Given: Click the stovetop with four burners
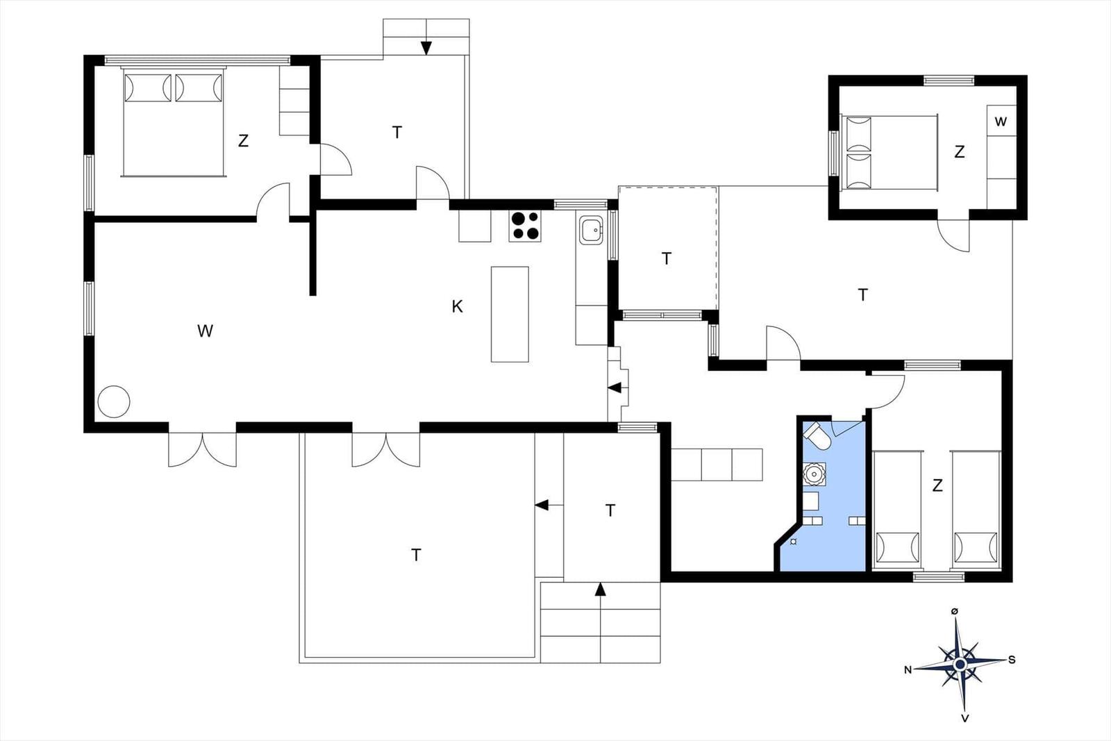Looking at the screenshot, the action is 525,226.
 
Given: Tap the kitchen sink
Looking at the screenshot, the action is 591,230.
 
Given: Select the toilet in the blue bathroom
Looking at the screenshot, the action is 817,436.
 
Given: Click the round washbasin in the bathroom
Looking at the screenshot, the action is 814,474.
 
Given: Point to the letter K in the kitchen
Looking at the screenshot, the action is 458,307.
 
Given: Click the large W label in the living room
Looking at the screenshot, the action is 206,331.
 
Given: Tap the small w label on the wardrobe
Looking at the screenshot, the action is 1001,122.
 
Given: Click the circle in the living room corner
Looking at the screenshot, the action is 114,401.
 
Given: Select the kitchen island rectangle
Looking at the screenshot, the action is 510,315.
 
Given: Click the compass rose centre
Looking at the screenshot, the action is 960,664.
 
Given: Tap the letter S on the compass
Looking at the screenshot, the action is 1012,660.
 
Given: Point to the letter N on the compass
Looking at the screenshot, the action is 908,670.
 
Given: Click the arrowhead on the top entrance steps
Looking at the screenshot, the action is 426,48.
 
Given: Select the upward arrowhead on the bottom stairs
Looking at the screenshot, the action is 601,589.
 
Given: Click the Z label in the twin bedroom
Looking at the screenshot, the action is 937,485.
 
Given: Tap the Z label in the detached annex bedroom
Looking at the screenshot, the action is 960,152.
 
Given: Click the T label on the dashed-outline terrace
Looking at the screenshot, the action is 667,258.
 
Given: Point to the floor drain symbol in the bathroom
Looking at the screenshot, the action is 794,542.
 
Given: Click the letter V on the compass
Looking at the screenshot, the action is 964,718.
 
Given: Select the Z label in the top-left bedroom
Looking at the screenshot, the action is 243,141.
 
